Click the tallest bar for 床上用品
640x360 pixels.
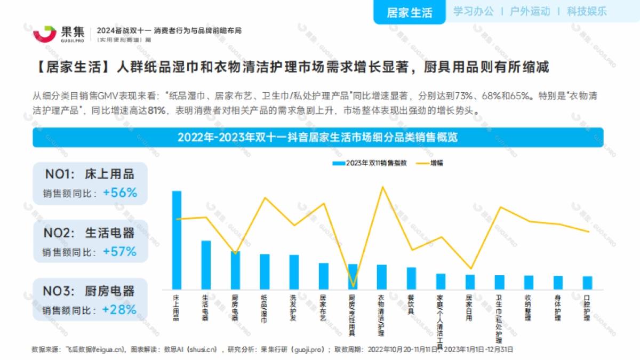177,240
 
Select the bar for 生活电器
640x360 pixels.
206,265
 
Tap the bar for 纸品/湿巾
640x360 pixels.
265,271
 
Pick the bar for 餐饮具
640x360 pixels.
411,278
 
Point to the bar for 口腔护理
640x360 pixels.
587,282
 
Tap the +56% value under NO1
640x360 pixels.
120,193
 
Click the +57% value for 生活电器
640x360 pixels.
120,251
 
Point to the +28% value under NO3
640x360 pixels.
119,309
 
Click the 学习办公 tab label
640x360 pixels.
474,11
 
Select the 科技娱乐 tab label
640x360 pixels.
587,11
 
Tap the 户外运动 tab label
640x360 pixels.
530,11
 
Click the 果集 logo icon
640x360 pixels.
45,33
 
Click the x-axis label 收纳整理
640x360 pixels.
528,307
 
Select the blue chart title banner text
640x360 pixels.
318,137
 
